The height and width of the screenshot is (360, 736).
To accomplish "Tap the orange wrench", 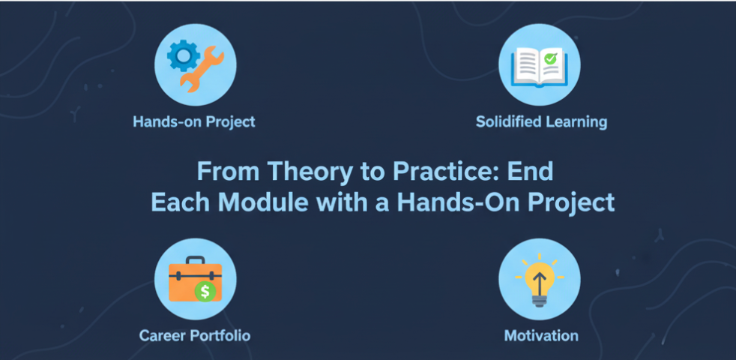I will point(200,70).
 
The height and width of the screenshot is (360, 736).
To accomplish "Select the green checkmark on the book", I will point(551,57).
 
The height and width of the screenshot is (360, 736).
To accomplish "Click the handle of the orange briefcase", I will point(195,262).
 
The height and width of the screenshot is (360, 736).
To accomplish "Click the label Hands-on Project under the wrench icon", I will point(194,121).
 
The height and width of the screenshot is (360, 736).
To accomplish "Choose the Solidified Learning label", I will point(541,121).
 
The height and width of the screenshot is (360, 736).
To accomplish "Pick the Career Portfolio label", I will point(195,335).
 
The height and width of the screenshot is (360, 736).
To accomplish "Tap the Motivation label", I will point(541,335).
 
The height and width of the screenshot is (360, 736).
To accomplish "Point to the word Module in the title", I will point(254,202).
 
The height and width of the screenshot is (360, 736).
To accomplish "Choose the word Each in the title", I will point(177,202).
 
